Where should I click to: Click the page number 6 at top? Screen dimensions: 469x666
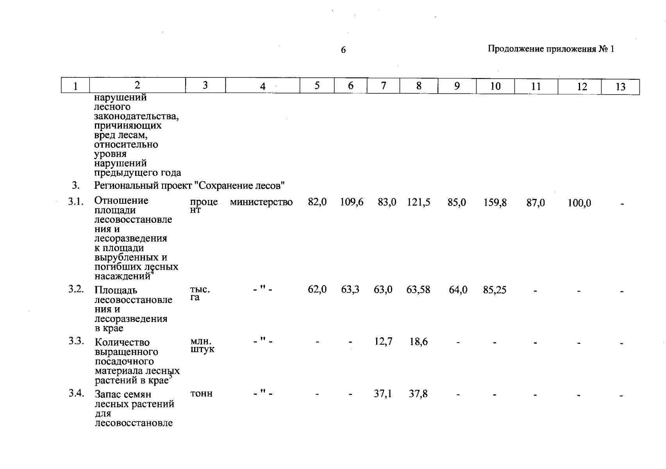(343, 50)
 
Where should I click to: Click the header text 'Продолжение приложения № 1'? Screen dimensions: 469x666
(551, 49)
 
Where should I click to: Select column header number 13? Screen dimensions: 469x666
(620, 87)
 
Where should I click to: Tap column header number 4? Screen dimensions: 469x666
(262, 86)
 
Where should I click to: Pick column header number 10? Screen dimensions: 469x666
(495, 86)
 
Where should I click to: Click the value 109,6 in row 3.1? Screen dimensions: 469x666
(352, 202)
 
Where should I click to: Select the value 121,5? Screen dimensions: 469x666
(418, 202)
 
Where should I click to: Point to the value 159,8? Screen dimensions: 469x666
(495, 202)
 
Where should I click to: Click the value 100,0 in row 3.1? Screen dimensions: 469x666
(579, 203)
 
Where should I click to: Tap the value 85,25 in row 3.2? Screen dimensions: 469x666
(495, 290)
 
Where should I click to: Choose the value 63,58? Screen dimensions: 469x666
(418, 290)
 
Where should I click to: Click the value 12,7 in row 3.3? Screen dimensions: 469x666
(383, 342)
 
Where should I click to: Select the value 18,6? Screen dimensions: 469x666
(418, 342)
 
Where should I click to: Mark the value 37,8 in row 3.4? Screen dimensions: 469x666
(418, 394)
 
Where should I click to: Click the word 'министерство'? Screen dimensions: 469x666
(261, 202)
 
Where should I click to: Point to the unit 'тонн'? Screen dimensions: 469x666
(201, 394)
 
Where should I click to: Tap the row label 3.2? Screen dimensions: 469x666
(76, 289)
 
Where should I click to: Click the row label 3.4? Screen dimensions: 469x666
(76, 393)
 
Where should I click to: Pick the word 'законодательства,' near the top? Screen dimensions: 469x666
(136, 116)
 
